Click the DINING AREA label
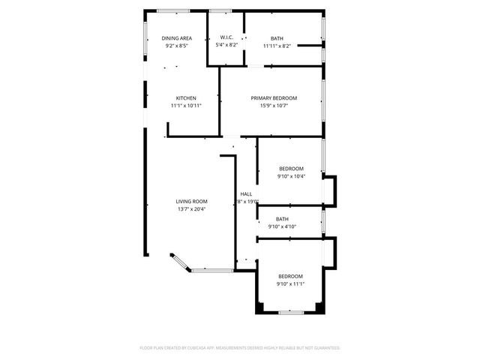(x=177, y=38)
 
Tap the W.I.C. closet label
(x=227, y=38)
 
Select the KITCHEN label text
(x=186, y=98)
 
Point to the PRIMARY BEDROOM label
(x=274, y=98)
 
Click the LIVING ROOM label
(x=191, y=202)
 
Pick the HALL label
(x=246, y=194)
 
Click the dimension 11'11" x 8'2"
(x=277, y=46)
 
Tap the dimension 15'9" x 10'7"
(x=274, y=106)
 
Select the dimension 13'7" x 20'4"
(x=191, y=209)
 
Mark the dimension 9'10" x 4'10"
(x=282, y=226)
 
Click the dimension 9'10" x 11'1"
(x=290, y=284)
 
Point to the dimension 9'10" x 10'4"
(x=290, y=176)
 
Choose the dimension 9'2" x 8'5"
(x=177, y=46)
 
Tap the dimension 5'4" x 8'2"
(x=227, y=46)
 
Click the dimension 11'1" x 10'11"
(x=186, y=106)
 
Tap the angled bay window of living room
(x=179, y=261)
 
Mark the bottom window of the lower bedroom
(x=290, y=312)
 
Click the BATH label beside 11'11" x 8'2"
(x=277, y=38)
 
